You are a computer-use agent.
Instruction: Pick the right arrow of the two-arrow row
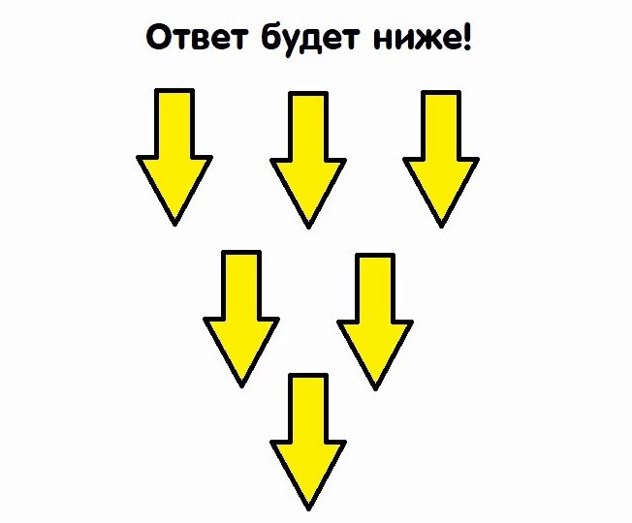375,320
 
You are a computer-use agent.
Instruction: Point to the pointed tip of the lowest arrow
308,507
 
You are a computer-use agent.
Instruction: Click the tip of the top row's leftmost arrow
174,223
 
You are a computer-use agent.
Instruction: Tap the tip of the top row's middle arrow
308,226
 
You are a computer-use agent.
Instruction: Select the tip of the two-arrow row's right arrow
375,387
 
